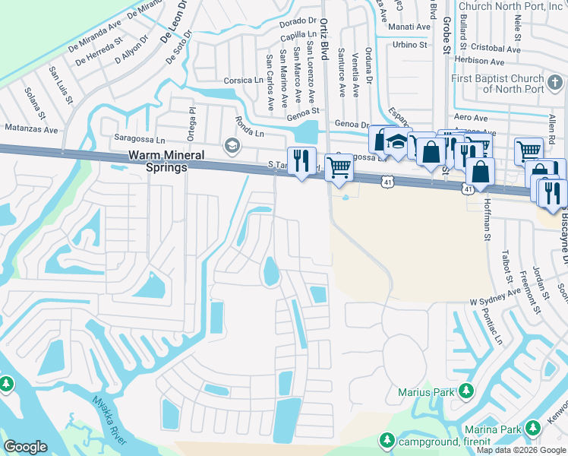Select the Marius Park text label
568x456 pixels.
click(425, 393)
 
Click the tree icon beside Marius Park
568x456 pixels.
click(462, 392)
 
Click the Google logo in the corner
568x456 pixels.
click(26, 446)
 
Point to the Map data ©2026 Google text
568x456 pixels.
click(520, 450)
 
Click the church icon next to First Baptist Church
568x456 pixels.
click(555, 80)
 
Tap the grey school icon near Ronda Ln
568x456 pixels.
click(232, 145)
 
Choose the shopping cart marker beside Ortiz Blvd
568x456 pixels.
click(339, 168)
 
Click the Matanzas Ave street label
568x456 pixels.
click(30, 129)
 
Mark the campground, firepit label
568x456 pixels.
click(445, 442)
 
